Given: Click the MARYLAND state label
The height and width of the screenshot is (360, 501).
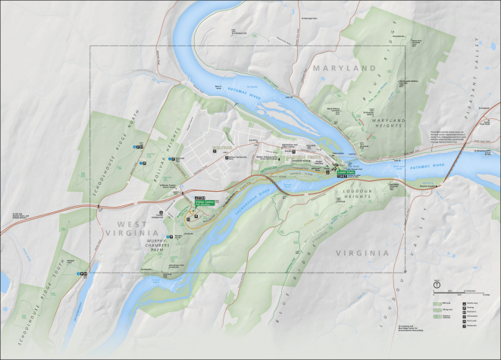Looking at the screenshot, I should point(345,68).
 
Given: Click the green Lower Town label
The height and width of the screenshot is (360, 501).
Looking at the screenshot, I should point(346,172).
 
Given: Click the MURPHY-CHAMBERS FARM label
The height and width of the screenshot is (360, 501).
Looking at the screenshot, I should point(168,248).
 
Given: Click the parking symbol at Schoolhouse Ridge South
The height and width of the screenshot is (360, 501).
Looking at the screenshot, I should point(83,274).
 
